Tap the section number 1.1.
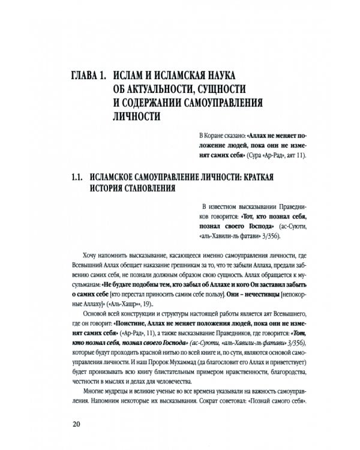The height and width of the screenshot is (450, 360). click(76, 178)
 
